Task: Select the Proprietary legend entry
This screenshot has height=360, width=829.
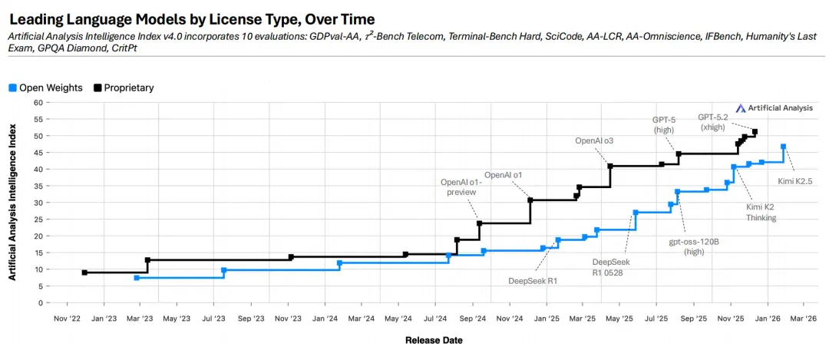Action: pyautogui.click(x=124, y=88)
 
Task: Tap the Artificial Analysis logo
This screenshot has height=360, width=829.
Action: pyautogui.click(x=776, y=107)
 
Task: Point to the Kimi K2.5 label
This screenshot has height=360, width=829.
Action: pyautogui.click(x=794, y=181)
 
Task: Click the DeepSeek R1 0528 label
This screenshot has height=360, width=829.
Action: pyautogui.click(x=611, y=267)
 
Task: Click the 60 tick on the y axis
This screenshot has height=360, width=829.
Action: pyautogui.click(x=38, y=102)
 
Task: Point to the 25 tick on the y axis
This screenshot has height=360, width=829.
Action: pyautogui.click(x=38, y=219)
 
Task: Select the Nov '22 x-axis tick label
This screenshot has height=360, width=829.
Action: pyautogui.click(x=67, y=319)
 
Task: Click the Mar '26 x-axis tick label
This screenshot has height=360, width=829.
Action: pyautogui.click(x=803, y=319)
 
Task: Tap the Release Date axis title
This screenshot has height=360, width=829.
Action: pyautogui.click(x=434, y=341)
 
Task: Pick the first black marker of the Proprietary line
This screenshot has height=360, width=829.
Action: pyautogui.click(x=84, y=272)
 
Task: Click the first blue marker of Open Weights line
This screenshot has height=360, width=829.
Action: pyautogui.click(x=137, y=278)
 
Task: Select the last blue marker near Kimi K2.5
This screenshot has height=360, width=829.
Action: pyautogui.click(x=783, y=147)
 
